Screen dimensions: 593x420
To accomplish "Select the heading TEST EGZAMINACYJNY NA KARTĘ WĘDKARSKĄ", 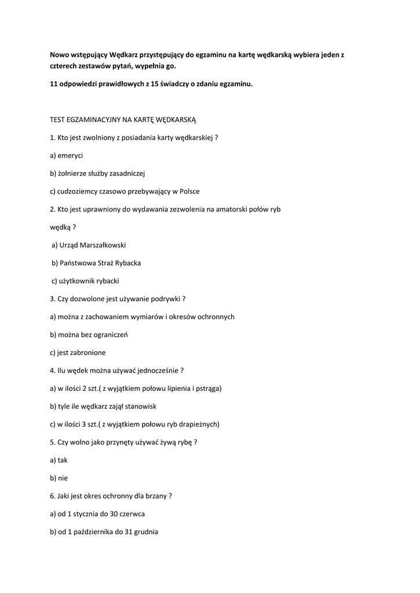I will [x=123, y=119].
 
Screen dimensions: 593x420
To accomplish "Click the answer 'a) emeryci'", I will [x=66, y=155].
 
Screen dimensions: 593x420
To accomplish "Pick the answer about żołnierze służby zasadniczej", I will [x=97, y=173].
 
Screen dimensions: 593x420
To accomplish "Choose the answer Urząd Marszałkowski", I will [x=89, y=245].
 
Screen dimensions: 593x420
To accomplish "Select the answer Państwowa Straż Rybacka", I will [x=96, y=263].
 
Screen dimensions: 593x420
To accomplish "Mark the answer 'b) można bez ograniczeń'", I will [x=89, y=335].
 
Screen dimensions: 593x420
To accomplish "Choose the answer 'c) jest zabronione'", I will [x=78, y=353].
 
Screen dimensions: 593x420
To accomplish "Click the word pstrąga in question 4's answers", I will [x=208, y=389].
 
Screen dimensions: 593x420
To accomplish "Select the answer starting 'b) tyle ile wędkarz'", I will [x=103, y=407].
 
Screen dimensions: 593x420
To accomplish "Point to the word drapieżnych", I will [x=197, y=424].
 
